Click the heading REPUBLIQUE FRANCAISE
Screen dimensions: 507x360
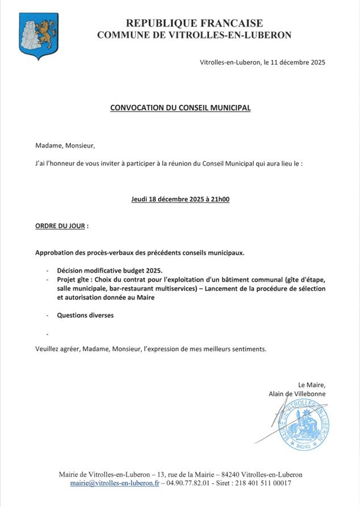coord(194,23)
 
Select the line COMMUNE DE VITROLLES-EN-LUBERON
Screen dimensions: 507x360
coord(194,35)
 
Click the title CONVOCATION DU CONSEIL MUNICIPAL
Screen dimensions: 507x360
coord(180,107)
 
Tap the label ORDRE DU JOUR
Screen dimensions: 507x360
coord(60,226)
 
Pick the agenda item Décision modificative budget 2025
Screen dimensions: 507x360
coord(110,270)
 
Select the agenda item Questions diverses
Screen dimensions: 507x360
coord(85,315)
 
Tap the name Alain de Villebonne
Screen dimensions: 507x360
coord(297,394)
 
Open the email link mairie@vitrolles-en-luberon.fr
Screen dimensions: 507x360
coord(113,483)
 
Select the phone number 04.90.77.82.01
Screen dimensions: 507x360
coord(187,483)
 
